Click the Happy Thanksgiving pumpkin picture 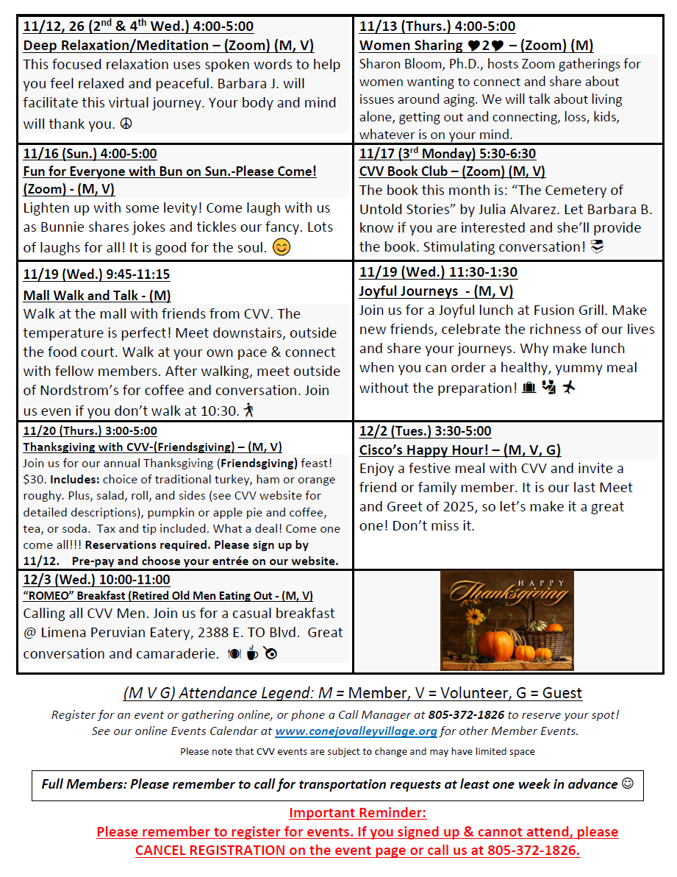point(506,620)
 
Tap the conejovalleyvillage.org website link point(356,731)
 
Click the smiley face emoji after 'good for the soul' point(281,247)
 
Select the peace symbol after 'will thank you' point(126,124)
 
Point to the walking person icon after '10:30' point(249,410)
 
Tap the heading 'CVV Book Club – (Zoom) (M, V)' point(452,171)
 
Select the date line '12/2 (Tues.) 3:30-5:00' point(425,431)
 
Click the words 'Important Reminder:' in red point(357,813)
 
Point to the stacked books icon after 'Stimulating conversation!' point(597,247)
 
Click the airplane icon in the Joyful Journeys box point(568,387)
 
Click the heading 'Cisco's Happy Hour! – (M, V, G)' point(459,450)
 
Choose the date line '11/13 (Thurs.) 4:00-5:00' point(437,26)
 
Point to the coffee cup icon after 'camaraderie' point(251,653)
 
